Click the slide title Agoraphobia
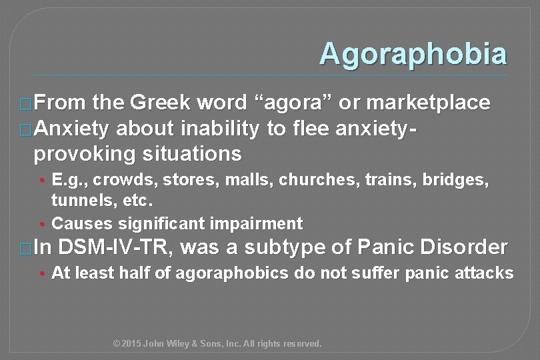pyautogui.click(x=413, y=54)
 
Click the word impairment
pyautogui.click(x=259, y=223)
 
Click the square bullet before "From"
pyautogui.click(x=26, y=105)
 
